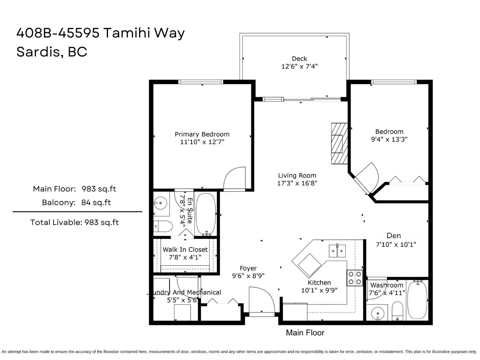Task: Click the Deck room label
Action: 299,59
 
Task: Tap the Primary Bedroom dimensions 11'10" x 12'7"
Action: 202,142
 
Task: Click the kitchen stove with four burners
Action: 355,278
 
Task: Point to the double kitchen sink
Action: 337,251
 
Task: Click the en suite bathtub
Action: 205,214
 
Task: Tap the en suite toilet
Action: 163,226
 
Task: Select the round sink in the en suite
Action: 161,203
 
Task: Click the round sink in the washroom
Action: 378,314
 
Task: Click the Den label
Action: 394,236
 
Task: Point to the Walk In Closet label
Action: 185,250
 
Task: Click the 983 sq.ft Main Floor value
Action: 99,189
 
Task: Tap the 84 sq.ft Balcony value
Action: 96,202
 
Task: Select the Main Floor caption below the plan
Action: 305,333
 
